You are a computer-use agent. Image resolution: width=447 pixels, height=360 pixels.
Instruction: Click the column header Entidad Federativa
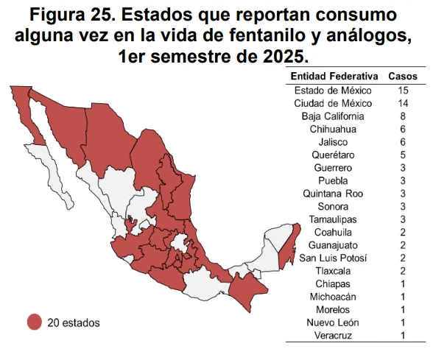(334, 77)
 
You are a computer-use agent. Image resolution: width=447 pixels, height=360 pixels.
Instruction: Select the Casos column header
(402, 77)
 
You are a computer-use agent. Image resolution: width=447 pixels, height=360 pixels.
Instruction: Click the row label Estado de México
(334, 91)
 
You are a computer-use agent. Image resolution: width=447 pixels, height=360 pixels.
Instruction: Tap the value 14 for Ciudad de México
(403, 103)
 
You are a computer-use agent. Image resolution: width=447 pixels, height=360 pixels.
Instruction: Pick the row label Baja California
(334, 116)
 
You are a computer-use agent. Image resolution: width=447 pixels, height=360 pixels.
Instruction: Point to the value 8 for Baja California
(403, 116)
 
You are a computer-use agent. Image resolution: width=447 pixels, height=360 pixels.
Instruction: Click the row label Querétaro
(334, 155)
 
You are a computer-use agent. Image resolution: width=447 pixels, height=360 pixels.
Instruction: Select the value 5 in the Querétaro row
(403, 155)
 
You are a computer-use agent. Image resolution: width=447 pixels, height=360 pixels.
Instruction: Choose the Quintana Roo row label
(334, 194)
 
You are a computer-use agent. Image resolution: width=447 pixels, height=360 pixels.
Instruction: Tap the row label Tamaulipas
(334, 219)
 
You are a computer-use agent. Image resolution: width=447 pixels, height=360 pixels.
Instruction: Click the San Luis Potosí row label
(334, 258)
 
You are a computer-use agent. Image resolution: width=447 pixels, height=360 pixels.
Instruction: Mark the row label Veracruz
(334, 336)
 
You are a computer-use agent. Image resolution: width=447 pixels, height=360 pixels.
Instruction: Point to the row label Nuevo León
(334, 322)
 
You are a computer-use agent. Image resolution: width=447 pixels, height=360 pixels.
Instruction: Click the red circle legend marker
(33, 322)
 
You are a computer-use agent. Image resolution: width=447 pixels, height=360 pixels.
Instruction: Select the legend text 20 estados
(74, 322)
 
